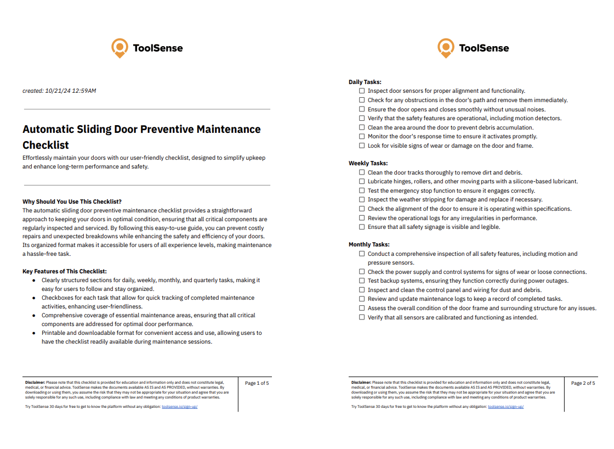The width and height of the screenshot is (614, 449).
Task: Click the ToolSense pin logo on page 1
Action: pos(119,48)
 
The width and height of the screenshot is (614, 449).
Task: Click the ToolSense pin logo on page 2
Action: pos(446,48)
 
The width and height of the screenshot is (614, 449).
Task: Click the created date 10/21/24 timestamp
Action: pos(59,91)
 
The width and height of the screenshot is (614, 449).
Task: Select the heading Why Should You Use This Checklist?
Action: pos(72,201)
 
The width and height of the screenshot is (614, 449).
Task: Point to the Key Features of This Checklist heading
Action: pos(64,271)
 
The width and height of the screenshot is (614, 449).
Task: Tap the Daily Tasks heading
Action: pos(365,82)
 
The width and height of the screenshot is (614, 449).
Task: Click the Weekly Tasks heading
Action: pos(368,163)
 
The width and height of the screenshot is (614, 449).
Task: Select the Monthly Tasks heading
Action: pos(369,244)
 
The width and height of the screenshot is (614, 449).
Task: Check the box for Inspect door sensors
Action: pos(362,91)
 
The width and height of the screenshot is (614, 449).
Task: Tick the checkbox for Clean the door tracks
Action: pos(362,172)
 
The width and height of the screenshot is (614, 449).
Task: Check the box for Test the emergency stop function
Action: pos(362,190)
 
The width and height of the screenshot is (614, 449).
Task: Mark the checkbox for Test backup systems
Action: pos(362,280)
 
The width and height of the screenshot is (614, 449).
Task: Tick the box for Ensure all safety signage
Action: pos(362,227)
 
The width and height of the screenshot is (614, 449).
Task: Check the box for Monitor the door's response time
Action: pos(362,136)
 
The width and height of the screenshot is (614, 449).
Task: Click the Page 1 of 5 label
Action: pos(257,383)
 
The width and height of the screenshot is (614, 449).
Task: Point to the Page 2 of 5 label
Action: pos(583,383)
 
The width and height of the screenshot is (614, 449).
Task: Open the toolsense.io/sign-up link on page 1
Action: pos(179,407)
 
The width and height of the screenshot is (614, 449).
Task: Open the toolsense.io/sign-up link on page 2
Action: pos(505,407)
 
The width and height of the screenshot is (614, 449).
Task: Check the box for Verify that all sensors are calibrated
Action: pos(362,317)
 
